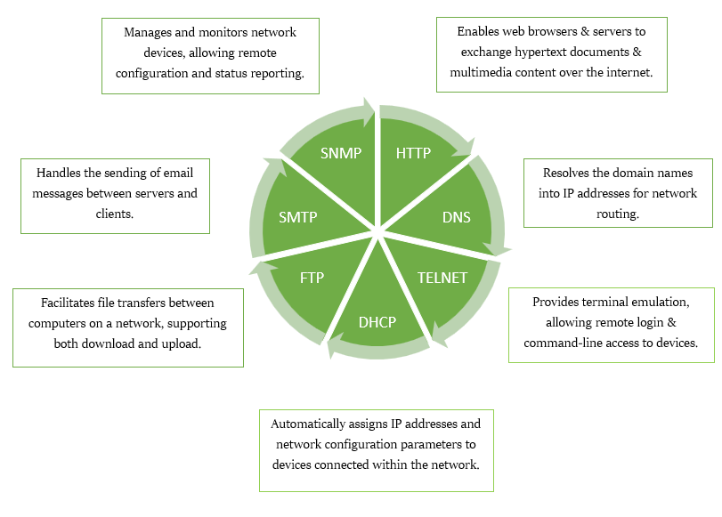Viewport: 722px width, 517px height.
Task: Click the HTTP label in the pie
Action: [413, 153]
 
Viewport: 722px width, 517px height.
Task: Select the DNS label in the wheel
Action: [456, 216]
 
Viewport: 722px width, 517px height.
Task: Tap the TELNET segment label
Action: [442, 278]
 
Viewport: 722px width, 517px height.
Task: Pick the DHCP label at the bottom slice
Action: [377, 322]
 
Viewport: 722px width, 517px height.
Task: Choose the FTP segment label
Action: [312, 278]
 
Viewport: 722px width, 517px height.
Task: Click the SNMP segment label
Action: [341, 153]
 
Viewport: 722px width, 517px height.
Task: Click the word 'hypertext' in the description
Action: [539, 52]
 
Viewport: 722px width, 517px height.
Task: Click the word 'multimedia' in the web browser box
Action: [485, 72]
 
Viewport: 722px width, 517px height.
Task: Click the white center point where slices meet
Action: [377, 233]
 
